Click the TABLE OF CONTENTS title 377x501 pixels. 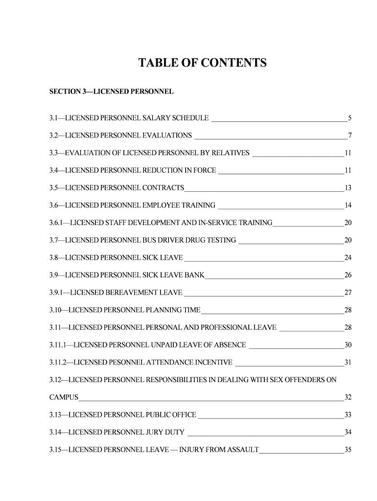pyautogui.click(x=202, y=64)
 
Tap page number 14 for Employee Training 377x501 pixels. pyautogui.click(x=348, y=205)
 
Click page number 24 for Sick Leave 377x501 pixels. pyautogui.click(x=348, y=258)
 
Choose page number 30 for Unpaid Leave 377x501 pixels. pyautogui.click(x=348, y=345)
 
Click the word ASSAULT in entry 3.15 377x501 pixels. pyautogui.click(x=241, y=450)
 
